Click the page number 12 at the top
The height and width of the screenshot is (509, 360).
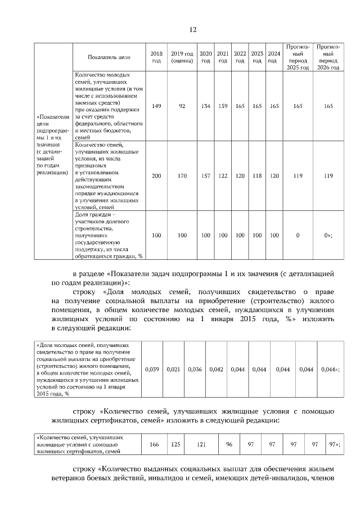click(x=193, y=30)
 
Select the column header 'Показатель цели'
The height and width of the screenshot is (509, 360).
click(x=109, y=57)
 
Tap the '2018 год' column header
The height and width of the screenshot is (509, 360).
click(x=156, y=57)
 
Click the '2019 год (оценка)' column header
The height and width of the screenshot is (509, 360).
click(x=182, y=57)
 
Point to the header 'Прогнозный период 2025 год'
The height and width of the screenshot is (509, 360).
click(x=298, y=57)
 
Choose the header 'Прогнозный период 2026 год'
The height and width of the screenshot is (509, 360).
click(x=328, y=57)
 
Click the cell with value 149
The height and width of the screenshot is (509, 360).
click(x=156, y=106)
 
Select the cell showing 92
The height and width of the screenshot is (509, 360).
click(x=182, y=106)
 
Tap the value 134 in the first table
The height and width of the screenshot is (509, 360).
click(x=206, y=106)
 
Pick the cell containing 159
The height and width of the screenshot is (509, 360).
click(x=223, y=106)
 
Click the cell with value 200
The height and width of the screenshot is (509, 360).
click(x=156, y=176)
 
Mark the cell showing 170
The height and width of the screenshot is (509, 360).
click(x=182, y=176)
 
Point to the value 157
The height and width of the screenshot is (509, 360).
click(x=206, y=176)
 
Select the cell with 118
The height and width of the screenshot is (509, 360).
click(x=257, y=176)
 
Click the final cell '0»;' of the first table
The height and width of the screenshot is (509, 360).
click(x=328, y=235)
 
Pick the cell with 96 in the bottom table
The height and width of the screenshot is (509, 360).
click(x=229, y=444)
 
